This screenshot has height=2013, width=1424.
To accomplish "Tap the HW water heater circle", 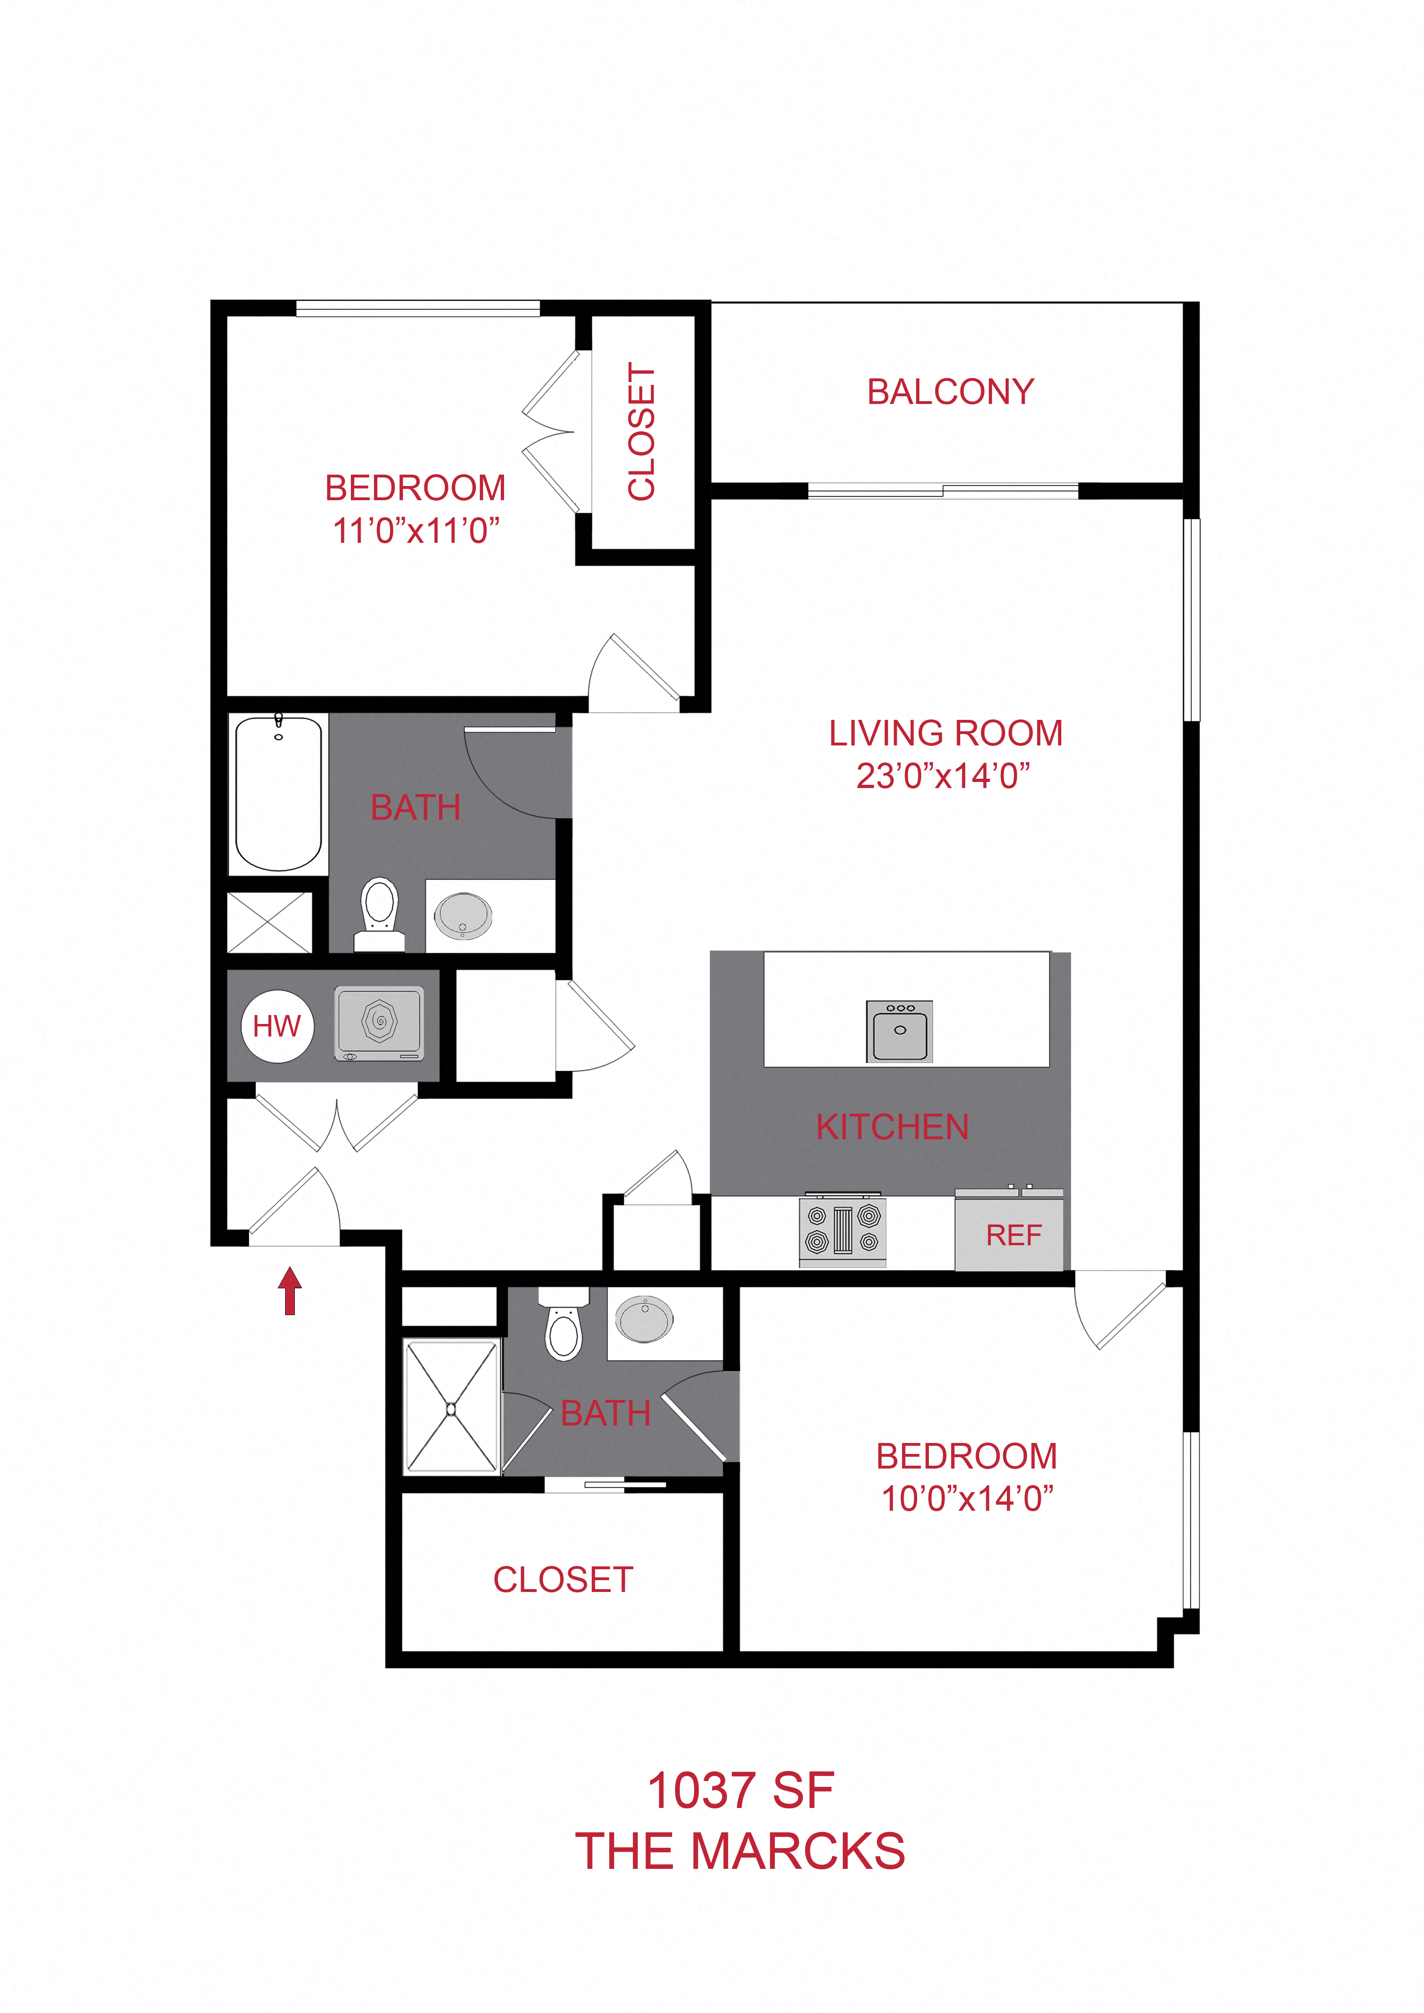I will pos(277,1026).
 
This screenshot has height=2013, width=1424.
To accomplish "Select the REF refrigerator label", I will pos(1014,1235).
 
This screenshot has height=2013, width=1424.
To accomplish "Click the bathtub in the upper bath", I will pos(278,793).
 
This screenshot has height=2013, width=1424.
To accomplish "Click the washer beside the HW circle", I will pos(379,1023).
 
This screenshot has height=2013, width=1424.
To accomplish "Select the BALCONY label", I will pos(950,392).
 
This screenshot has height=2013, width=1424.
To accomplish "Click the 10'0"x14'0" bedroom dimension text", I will pos(967,1498).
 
